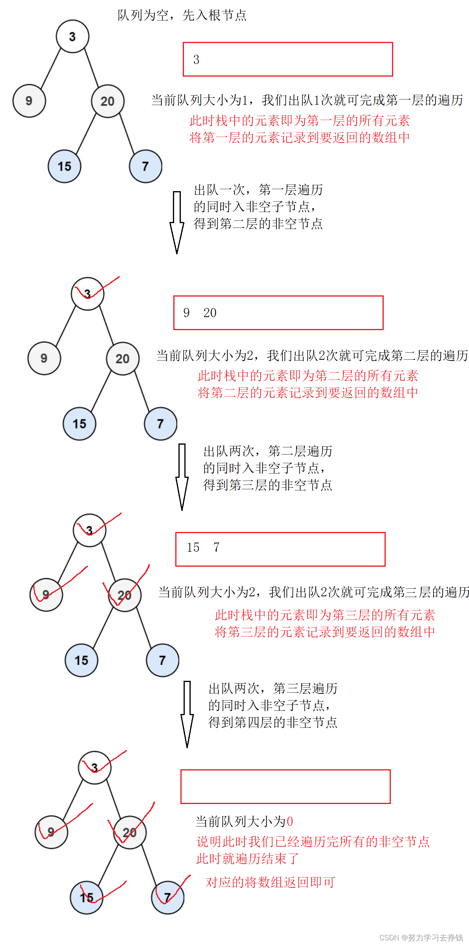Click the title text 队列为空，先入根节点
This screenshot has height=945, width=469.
(182, 15)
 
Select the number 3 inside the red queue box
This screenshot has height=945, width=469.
(196, 60)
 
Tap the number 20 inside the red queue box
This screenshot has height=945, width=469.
(210, 313)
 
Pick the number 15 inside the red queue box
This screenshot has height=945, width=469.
(193, 547)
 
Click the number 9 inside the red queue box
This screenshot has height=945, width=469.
(186, 313)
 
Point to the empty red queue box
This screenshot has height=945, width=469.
(285, 787)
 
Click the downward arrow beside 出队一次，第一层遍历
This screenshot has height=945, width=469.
(177, 222)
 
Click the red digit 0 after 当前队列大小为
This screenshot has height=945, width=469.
(290, 822)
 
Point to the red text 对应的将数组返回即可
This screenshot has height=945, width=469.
(270, 882)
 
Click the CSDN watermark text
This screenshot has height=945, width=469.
(421, 937)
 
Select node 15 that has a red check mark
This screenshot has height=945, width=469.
(86, 898)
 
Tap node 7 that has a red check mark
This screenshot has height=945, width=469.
(168, 898)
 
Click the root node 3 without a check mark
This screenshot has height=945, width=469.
(72, 36)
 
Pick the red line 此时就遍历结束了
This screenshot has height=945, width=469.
(248, 859)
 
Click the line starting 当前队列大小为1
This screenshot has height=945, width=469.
(307, 100)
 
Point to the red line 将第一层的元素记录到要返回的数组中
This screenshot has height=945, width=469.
(299, 137)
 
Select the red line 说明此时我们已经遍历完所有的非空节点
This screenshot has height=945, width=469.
(313, 842)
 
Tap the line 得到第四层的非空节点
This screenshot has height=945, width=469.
(272, 722)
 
